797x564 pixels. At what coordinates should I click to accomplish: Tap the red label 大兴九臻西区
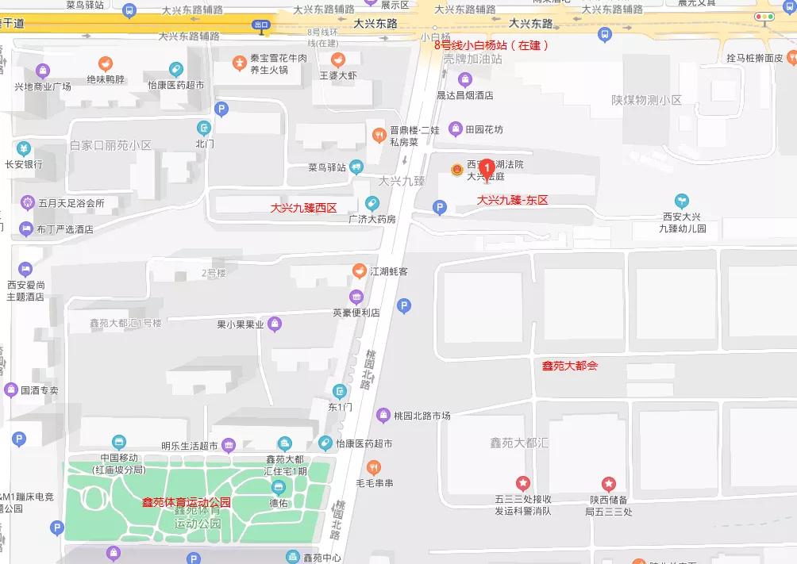304,208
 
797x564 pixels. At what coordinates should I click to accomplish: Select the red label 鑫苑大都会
569,366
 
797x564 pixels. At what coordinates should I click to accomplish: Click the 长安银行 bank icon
24,148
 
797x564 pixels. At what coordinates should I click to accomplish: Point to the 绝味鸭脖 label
106,79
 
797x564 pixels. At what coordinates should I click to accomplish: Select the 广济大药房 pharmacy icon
372,203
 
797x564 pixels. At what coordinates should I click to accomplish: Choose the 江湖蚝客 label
389,271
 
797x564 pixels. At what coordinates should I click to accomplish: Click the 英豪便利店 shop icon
356,297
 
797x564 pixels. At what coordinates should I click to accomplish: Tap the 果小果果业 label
241,324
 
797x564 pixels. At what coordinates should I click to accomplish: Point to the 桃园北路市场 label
424,416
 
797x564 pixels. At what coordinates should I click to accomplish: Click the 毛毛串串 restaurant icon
373,467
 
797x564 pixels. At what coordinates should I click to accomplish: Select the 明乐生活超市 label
189,445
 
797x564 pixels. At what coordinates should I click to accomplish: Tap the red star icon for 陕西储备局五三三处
608,483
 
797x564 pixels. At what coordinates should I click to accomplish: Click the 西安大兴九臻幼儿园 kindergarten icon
680,200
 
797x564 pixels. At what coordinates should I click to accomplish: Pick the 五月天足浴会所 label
71,203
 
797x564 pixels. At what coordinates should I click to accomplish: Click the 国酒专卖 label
40,390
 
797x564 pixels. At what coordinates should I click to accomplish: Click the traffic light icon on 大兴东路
765,17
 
